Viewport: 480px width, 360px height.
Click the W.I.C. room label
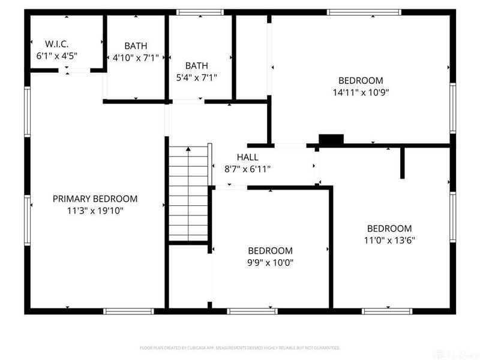[58, 44]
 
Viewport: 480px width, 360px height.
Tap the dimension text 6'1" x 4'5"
[58, 56]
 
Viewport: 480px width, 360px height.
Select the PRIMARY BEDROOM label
[95, 199]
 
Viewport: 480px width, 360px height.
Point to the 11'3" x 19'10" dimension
[95, 211]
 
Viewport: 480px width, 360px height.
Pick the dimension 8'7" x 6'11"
[247, 169]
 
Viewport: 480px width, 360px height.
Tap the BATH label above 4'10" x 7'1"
[136, 46]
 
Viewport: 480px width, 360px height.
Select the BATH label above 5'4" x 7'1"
[196, 65]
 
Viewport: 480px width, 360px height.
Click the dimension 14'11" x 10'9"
[361, 92]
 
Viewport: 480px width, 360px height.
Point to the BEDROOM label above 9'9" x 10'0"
[271, 250]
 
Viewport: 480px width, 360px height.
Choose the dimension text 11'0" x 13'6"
[389, 240]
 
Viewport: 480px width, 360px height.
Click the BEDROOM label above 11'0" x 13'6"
[389, 228]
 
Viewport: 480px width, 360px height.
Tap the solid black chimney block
[331, 140]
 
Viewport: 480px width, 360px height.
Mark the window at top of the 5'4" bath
[200, 12]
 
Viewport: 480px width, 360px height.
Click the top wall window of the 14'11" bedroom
[364, 12]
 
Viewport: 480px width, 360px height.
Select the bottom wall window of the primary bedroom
[129, 311]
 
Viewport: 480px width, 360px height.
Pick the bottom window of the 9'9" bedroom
[253, 311]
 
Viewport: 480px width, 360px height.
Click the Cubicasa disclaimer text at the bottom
[240, 348]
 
